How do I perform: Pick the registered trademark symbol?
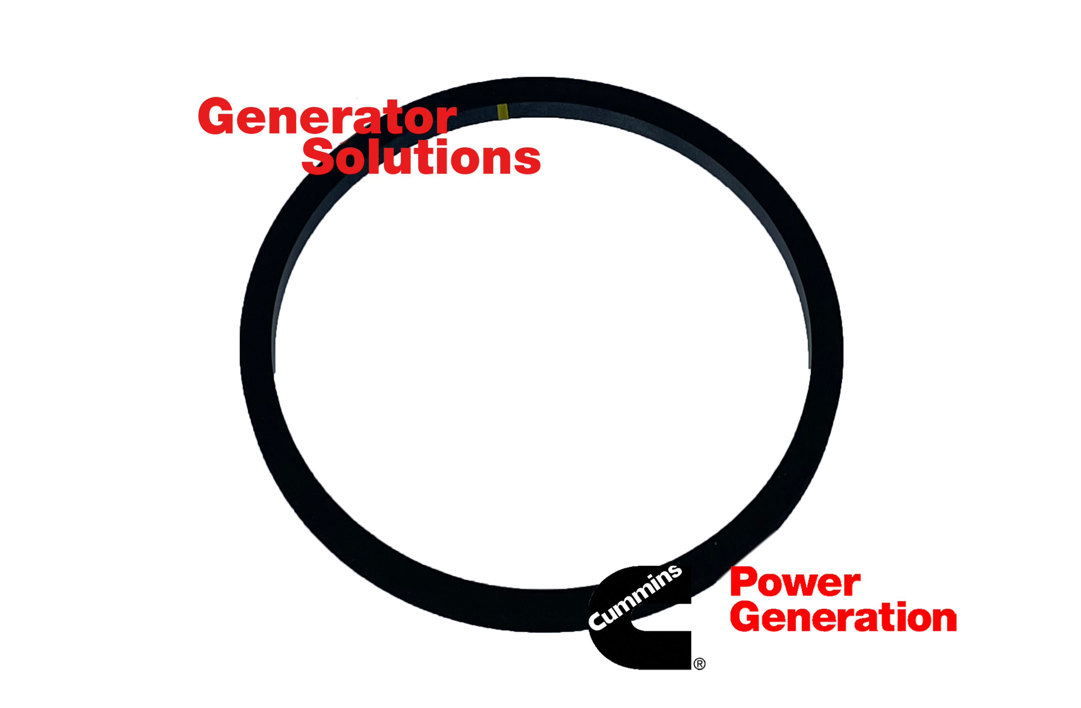point(699,664)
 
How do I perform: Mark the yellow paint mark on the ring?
point(502,112)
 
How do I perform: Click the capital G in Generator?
point(216,116)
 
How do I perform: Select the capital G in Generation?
point(747,616)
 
